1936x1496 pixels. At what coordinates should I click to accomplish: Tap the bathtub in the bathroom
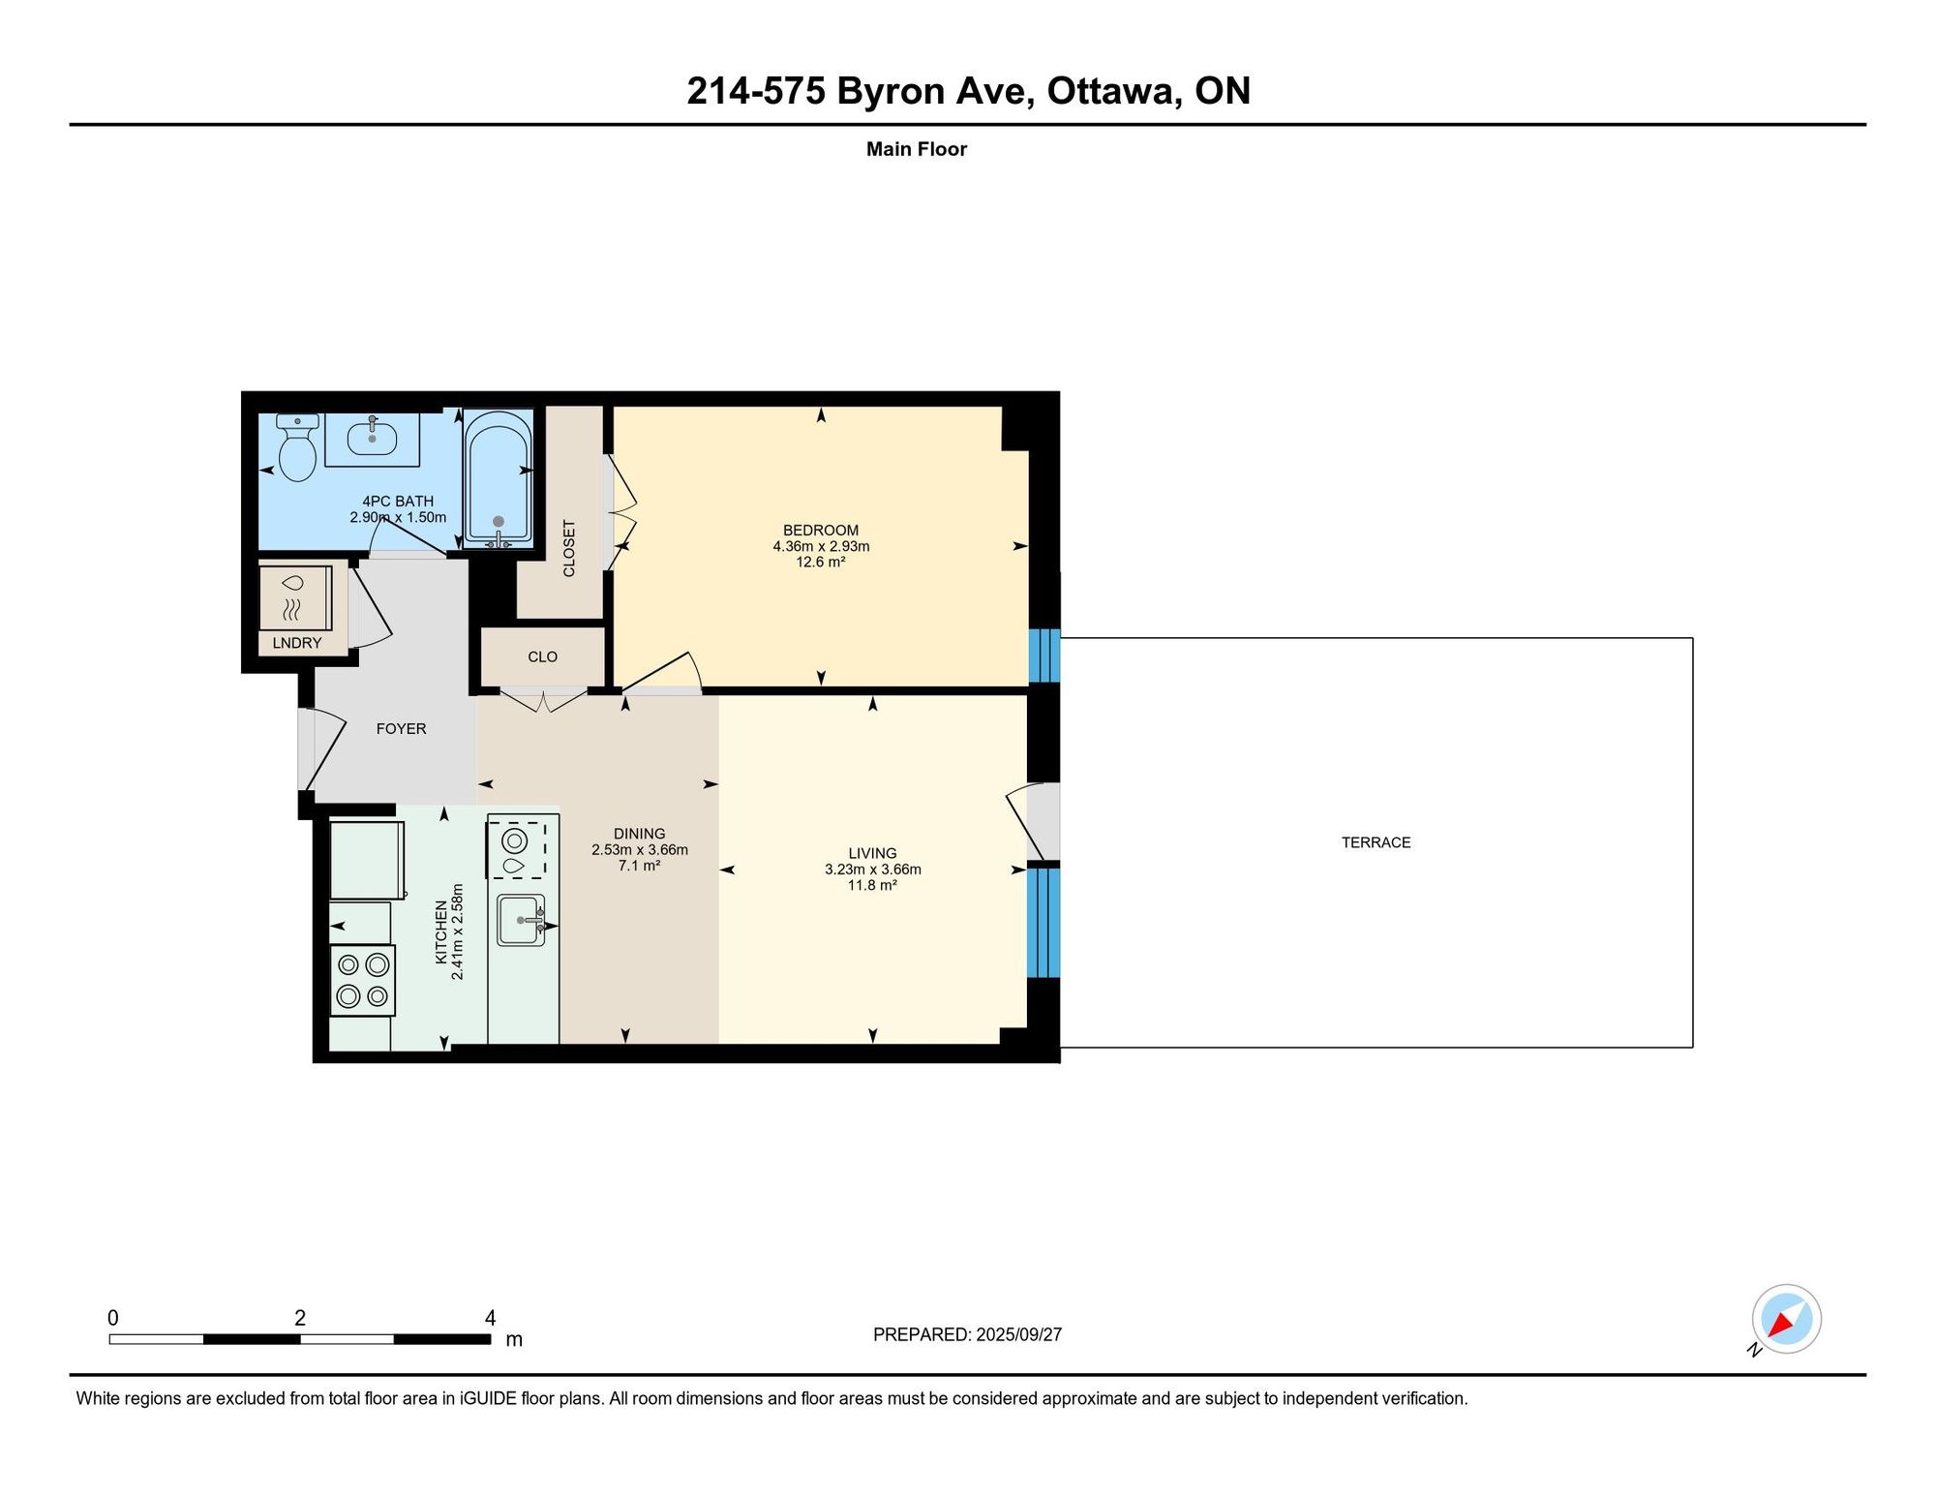(498, 477)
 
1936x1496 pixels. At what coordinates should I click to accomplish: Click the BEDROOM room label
(821, 531)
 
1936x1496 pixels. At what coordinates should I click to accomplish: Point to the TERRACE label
(1376, 842)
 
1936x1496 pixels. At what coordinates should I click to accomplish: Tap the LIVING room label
(872, 853)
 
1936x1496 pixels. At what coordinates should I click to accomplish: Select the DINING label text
(639, 834)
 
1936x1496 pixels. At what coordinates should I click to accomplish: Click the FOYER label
(401, 729)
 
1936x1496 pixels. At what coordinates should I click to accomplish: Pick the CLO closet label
(542, 656)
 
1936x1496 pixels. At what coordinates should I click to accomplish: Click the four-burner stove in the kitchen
(363, 980)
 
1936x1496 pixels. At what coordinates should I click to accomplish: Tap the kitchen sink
(521, 920)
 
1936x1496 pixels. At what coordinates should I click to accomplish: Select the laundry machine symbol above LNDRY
(295, 598)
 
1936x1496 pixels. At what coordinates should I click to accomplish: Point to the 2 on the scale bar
(300, 1318)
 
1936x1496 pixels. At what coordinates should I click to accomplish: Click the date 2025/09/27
(1018, 1334)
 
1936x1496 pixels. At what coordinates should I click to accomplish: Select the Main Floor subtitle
(917, 149)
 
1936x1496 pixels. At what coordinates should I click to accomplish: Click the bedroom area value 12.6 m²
(821, 562)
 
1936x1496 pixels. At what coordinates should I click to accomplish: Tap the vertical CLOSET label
(569, 549)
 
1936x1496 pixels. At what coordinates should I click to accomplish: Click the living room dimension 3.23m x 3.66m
(872, 870)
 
